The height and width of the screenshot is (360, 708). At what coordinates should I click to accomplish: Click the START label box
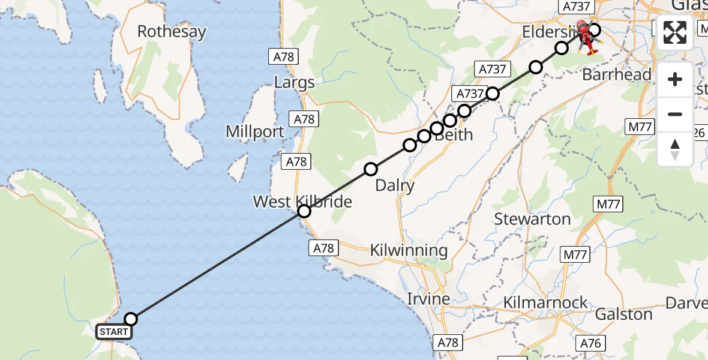[x=113, y=331]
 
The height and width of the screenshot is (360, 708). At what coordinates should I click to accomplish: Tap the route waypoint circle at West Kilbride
[x=304, y=211]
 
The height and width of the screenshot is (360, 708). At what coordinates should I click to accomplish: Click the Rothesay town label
[x=172, y=31]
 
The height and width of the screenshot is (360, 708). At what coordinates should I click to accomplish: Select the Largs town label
[x=294, y=82]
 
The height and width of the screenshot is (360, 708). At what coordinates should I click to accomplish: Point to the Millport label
[x=255, y=131]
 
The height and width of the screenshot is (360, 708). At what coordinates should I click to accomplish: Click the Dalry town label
[x=395, y=185]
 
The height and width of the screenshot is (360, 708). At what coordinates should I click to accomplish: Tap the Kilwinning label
[x=409, y=250]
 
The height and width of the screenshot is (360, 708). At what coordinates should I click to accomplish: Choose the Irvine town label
[x=428, y=298]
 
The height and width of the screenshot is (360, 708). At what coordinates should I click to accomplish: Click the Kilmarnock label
[x=546, y=302]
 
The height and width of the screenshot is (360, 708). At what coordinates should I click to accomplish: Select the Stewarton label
[x=532, y=219]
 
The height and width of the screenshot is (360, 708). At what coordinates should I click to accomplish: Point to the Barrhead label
[x=617, y=74]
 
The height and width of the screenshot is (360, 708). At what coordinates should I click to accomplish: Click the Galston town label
[x=623, y=314]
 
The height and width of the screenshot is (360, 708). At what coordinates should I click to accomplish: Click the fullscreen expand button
[x=675, y=32]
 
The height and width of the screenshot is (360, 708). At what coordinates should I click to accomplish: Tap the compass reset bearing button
[x=675, y=149]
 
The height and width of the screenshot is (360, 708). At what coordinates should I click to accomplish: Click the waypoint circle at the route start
[x=130, y=319]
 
